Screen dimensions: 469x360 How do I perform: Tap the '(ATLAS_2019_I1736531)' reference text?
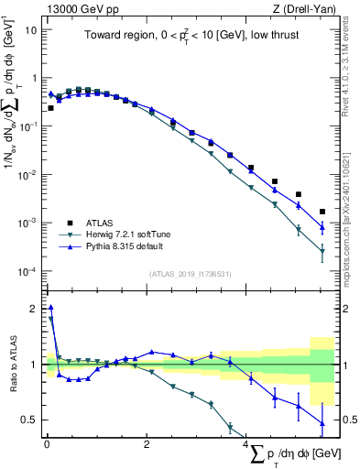pyautogui.click(x=191, y=274)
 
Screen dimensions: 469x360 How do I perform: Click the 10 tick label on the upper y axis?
pyautogui.click(x=30, y=29)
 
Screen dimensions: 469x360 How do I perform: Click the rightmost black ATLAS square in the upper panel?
pyautogui.click(x=322, y=212)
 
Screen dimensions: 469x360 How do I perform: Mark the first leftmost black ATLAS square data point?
pyautogui.click(x=50, y=108)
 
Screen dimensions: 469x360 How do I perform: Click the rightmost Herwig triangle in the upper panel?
pyautogui.click(x=322, y=252)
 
